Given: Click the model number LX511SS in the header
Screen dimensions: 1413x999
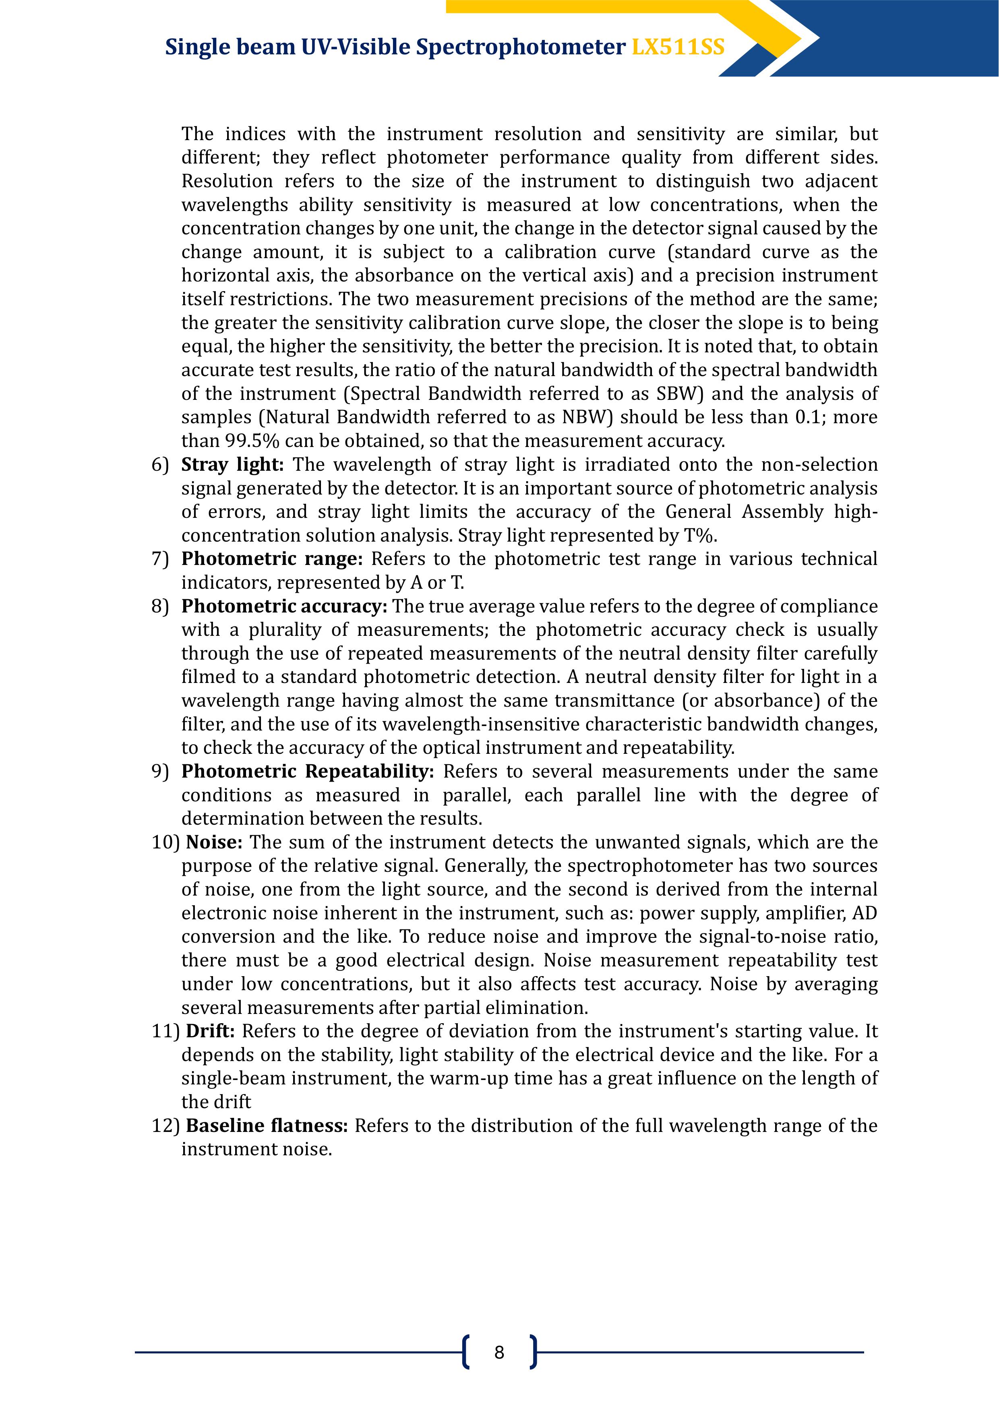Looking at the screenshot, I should (678, 48).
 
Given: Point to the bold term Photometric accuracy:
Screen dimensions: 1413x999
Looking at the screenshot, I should (284, 606).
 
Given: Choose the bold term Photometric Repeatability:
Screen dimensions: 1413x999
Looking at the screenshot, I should (308, 771).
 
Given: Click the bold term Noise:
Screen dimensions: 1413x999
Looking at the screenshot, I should (214, 842).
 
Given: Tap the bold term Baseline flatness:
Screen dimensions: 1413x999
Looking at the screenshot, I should (267, 1125).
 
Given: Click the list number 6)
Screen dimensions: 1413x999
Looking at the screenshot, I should (160, 465).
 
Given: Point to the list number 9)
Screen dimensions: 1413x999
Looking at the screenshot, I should (160, 771).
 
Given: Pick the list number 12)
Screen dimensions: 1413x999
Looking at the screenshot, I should (165, 1125).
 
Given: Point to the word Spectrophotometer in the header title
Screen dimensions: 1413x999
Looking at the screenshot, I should (520, 48).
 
